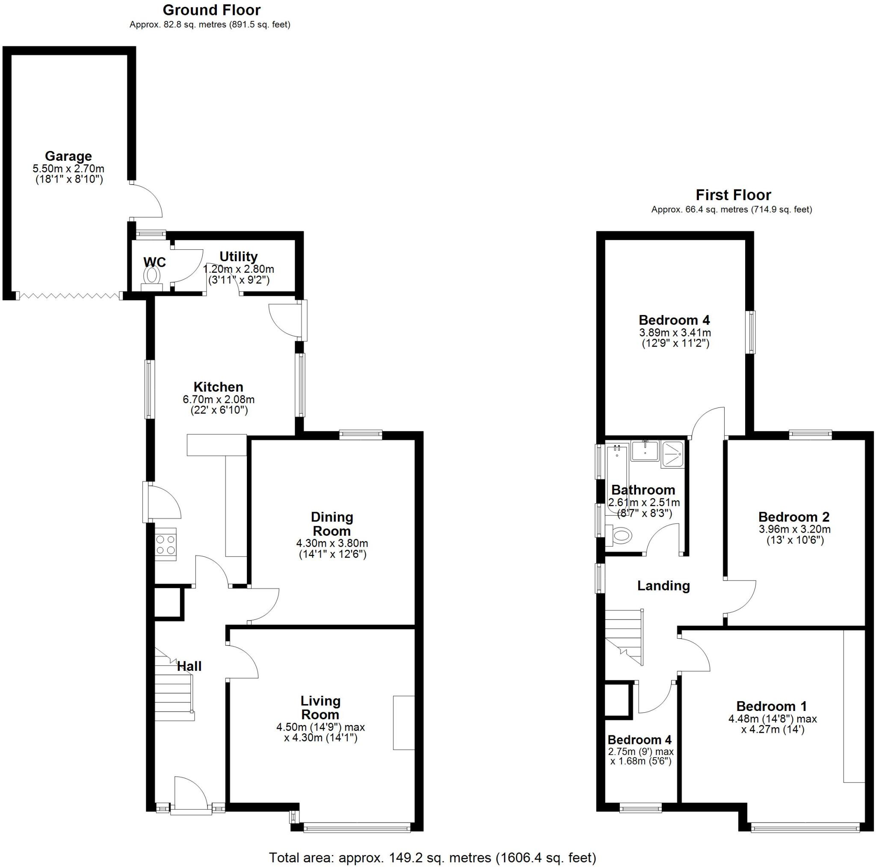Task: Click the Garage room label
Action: coord(68,156)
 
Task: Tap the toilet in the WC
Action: coord(152,276)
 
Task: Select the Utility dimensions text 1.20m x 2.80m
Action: coord(239,269)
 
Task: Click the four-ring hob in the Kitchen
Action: coord(166,544)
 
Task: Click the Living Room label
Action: coord(320,708)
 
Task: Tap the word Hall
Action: coord(189,666)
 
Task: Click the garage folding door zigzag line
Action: coord(69,296)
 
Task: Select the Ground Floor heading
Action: coord(211,10)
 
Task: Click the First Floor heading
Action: coord(733,195)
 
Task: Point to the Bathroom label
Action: coord(643,490)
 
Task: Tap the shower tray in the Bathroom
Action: coord(672,453)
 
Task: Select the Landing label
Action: coord(663,586)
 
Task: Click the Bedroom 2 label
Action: coord(794,517)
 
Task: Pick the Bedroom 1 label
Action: coord(772,706)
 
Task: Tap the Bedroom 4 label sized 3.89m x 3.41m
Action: coord(674,320)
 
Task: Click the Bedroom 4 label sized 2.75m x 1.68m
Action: coord(639,740)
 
